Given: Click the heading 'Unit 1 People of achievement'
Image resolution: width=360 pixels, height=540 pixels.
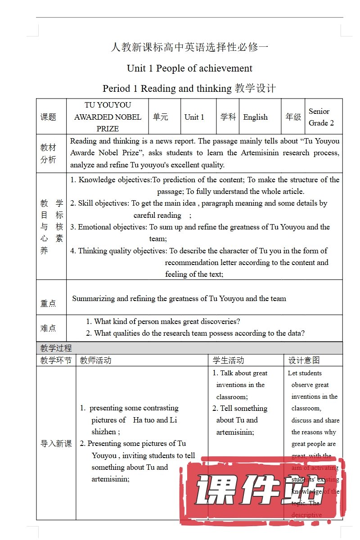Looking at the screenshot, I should tap(189, 68).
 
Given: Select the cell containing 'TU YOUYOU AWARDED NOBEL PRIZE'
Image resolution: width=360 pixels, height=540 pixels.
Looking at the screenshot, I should tap(108, 117).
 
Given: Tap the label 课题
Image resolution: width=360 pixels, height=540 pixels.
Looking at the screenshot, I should tap(49, 117).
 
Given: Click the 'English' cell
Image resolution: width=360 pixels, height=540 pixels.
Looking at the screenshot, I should tap(255, 117).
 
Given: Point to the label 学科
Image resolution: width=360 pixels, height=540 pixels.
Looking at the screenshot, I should tap(228, 117).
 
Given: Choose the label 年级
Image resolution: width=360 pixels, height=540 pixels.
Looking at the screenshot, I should tap(293, 117).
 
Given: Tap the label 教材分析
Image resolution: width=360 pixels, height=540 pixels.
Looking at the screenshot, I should tap(49, 153).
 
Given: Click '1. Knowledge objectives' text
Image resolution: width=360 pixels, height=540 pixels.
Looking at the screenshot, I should tap(111, 180).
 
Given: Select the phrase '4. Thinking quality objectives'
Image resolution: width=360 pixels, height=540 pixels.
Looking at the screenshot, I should tap(118, 251).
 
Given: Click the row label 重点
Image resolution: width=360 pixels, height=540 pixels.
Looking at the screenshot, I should tap(48, 304).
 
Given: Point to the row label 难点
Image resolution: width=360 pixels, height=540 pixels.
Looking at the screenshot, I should tap(48, 328).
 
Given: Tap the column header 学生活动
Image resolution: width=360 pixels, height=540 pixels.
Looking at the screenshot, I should tap(228, 360).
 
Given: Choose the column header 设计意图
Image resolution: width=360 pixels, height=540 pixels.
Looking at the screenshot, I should tap(304, 360).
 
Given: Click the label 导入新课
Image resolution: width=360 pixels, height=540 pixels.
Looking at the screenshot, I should tap(56, 444).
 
